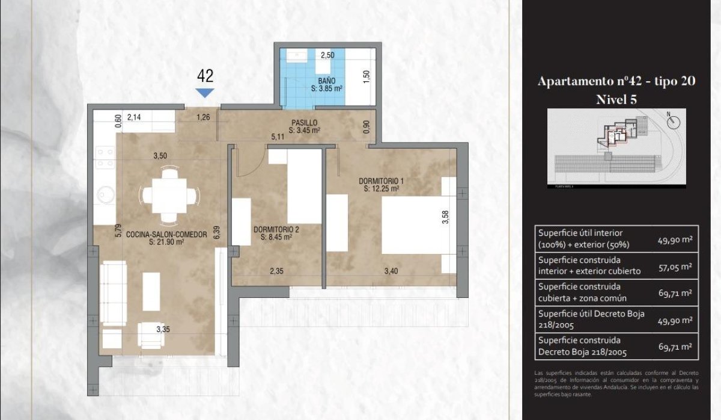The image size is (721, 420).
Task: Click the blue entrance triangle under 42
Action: (205, 93)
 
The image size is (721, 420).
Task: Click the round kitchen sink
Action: (106, 195)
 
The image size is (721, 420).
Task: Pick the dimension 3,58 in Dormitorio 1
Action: (445, 216)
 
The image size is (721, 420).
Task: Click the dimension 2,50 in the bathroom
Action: (327, 55)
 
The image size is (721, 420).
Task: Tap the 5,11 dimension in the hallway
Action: (278, 137)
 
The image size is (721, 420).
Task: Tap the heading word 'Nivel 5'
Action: (616, 100)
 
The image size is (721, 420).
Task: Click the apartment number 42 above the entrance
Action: (205, 76)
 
